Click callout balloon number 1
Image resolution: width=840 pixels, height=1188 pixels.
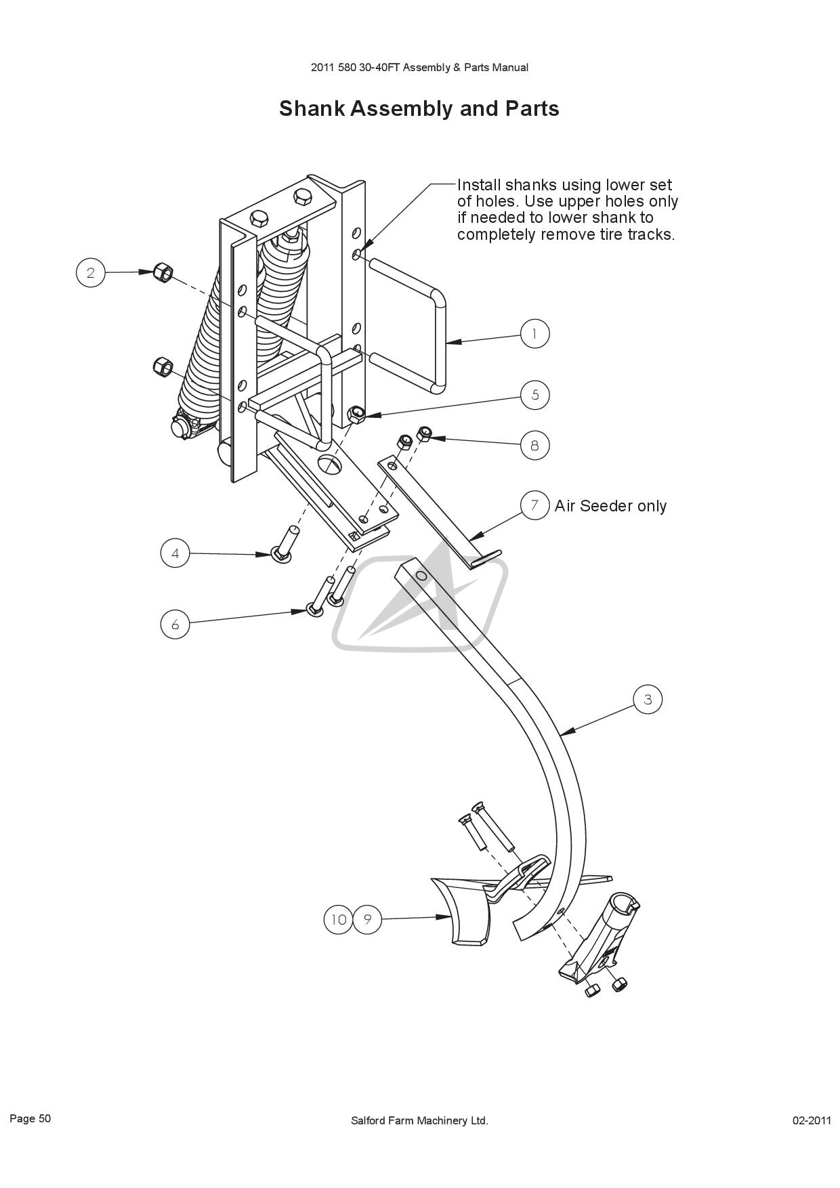pyautogui.click(x=534, y=334)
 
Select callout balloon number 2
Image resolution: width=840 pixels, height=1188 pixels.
pyautogui.click(x=90, y=273)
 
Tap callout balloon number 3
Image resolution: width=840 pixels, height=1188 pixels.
pyautogui.click(x=648, y=700)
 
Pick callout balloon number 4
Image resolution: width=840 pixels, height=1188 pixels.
pyautogui.click(x=175, y=553)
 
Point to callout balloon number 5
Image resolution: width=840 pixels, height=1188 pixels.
pyautogui.click(x=535, y=395)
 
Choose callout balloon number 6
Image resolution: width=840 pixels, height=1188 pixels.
pyautogui.click(x=175, y=624)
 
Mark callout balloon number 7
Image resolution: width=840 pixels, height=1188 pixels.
pyautogui.click(x=534, y=505)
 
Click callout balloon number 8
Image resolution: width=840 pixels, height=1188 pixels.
pyautogui.click(x=534, y=445)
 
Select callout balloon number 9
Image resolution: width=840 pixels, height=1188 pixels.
pyautogui.click(x=367, y=919)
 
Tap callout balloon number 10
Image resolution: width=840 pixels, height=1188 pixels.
pyautogui.click(x=339, y=919)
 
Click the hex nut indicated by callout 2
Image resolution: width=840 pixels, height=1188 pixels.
pyautogui.click(x=163, y=273)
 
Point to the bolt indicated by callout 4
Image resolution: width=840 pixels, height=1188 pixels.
pyautogui.click(x=284, y=545)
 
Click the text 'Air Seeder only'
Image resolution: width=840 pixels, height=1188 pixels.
pyautogui.click(x=610, y=506)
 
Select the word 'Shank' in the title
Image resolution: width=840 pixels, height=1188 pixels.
pyautogui.click(x=312, y=108)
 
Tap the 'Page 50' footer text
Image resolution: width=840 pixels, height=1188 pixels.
pyautogui.click(x=30, y=1118)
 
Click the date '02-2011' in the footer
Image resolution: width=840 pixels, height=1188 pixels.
pyautogui.click(x=812, y=1120)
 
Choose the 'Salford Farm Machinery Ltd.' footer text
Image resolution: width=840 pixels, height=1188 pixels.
pyautogui.click(x=419, y=1120)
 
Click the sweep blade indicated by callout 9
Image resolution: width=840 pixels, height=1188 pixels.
pyautogui.click(x=461, y=910)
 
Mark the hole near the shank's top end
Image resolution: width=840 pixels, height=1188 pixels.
pyautogui.click(x=421, y=576)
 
